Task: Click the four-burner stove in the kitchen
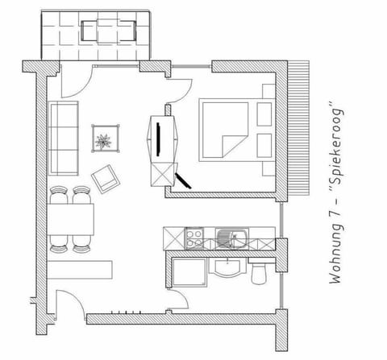[195, 238]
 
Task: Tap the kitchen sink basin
[227, 238]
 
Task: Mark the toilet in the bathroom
[258, 272]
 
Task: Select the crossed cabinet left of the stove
[172, 238]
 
